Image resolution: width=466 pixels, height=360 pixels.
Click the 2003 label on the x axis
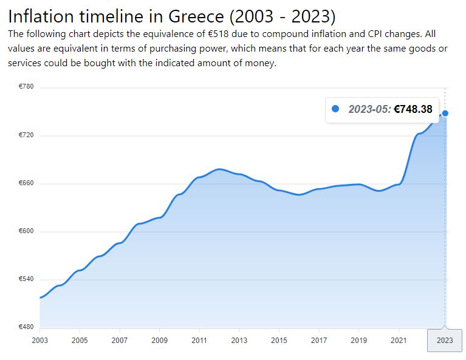[39, 341]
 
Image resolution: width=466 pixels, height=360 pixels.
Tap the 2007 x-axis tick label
[119, 341]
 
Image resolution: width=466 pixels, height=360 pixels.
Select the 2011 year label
[199, 341]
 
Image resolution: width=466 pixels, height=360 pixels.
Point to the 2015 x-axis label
[279, 341]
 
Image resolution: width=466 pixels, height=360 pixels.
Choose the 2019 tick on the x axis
[358, 341]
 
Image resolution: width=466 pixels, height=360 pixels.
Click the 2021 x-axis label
[399, 341]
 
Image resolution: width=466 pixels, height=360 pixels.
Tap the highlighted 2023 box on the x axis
[445, 341]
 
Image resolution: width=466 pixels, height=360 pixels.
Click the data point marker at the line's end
[445, 113]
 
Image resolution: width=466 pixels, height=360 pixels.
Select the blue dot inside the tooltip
[335, 109]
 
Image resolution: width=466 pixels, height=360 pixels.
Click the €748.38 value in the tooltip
[413, 109]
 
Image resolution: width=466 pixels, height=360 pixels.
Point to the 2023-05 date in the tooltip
[369, 109]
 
